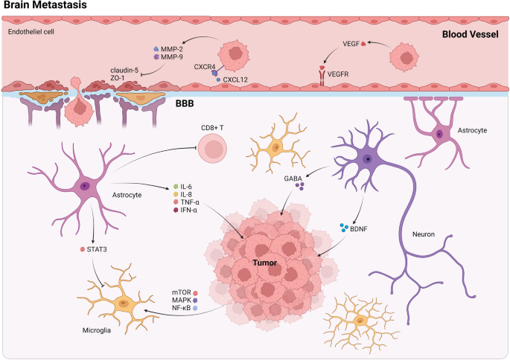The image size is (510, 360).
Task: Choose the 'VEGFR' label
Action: (340, 74)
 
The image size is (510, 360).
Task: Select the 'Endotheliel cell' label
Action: (30, 32)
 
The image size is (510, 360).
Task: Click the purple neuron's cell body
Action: (367, 158)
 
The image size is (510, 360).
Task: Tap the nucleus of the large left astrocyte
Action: (85, 186)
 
